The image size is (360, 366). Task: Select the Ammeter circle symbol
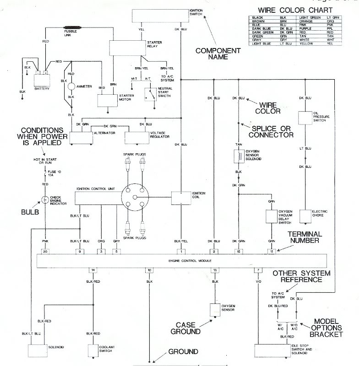pos(71,86)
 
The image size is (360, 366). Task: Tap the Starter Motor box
pos(108,101)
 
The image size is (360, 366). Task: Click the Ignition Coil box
pos(184,198)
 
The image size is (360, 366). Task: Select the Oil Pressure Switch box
pos(305,118)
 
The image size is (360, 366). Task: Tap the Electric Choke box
pos(305,215)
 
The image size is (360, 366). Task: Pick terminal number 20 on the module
pos(45,251)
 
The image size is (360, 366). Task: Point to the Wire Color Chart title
pos(293,10)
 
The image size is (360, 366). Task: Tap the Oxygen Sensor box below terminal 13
pos(214,310)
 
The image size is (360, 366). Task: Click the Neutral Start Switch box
pos(150,95)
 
